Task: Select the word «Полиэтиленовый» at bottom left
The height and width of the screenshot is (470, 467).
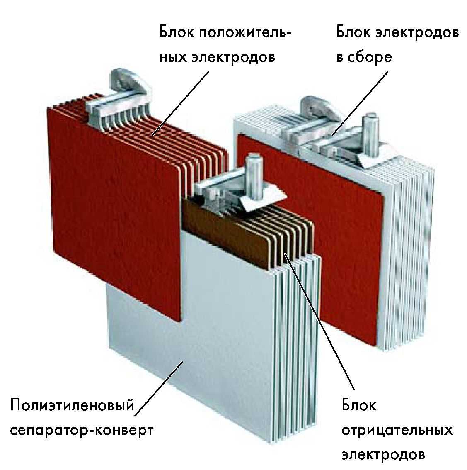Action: (72, 406)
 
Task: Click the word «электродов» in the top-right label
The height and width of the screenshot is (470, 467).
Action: (417, 32)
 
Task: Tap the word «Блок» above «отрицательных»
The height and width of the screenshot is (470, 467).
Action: (359, 405)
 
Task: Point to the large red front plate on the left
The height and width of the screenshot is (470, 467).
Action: (115, 210)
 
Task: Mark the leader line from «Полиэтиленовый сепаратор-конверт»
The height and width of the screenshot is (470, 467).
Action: (159, 388)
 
